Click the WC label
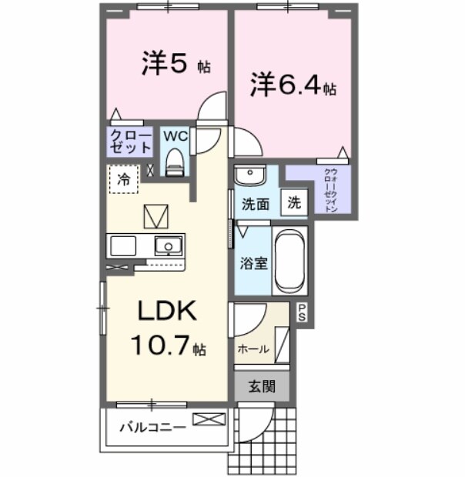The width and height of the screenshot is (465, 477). [176, 135]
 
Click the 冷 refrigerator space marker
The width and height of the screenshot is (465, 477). [123, 179]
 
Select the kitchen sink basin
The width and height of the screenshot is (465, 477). [167, 246]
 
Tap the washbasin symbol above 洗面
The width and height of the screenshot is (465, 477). [249, 176]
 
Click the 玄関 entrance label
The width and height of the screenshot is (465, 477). [263, 387]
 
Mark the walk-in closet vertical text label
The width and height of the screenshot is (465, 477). [330, 188]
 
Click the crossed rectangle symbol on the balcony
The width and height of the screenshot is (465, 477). [209, 419]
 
